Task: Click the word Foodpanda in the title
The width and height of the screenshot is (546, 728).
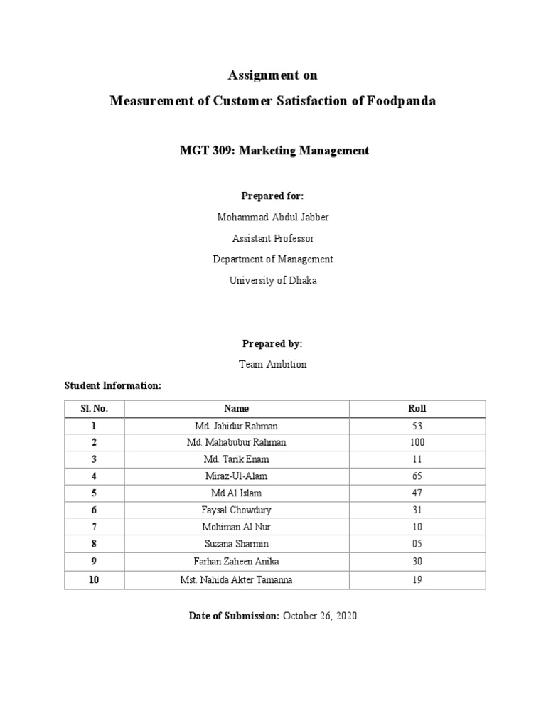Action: [402, 101]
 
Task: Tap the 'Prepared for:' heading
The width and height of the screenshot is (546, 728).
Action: [272, 196]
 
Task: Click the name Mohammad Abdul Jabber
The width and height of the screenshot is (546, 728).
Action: [272, 217]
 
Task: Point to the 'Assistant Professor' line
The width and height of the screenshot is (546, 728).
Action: [272, 238]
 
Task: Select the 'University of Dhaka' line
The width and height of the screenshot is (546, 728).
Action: [272, 280]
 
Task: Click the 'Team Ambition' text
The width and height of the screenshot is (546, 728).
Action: [272, 364]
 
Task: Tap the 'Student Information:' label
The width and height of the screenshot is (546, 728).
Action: [113, 385]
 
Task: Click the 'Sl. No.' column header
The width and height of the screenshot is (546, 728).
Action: [94, 409]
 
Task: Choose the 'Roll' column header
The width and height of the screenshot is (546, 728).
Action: [417, 409]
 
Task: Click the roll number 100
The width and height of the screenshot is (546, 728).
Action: [417, 442]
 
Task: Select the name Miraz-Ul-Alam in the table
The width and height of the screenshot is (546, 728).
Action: [236, 476]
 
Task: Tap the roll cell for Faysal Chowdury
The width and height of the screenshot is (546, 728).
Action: [417, 510]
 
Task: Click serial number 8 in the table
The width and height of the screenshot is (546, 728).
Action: [94, 544]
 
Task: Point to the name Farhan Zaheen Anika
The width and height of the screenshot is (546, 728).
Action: [236, 561]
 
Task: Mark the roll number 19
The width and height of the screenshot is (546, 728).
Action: [417, 579]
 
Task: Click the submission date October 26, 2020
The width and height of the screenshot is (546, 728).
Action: [320, 616]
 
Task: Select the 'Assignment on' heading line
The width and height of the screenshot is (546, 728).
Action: [272, 75]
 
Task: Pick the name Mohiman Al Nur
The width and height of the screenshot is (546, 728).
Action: [236, 527]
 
